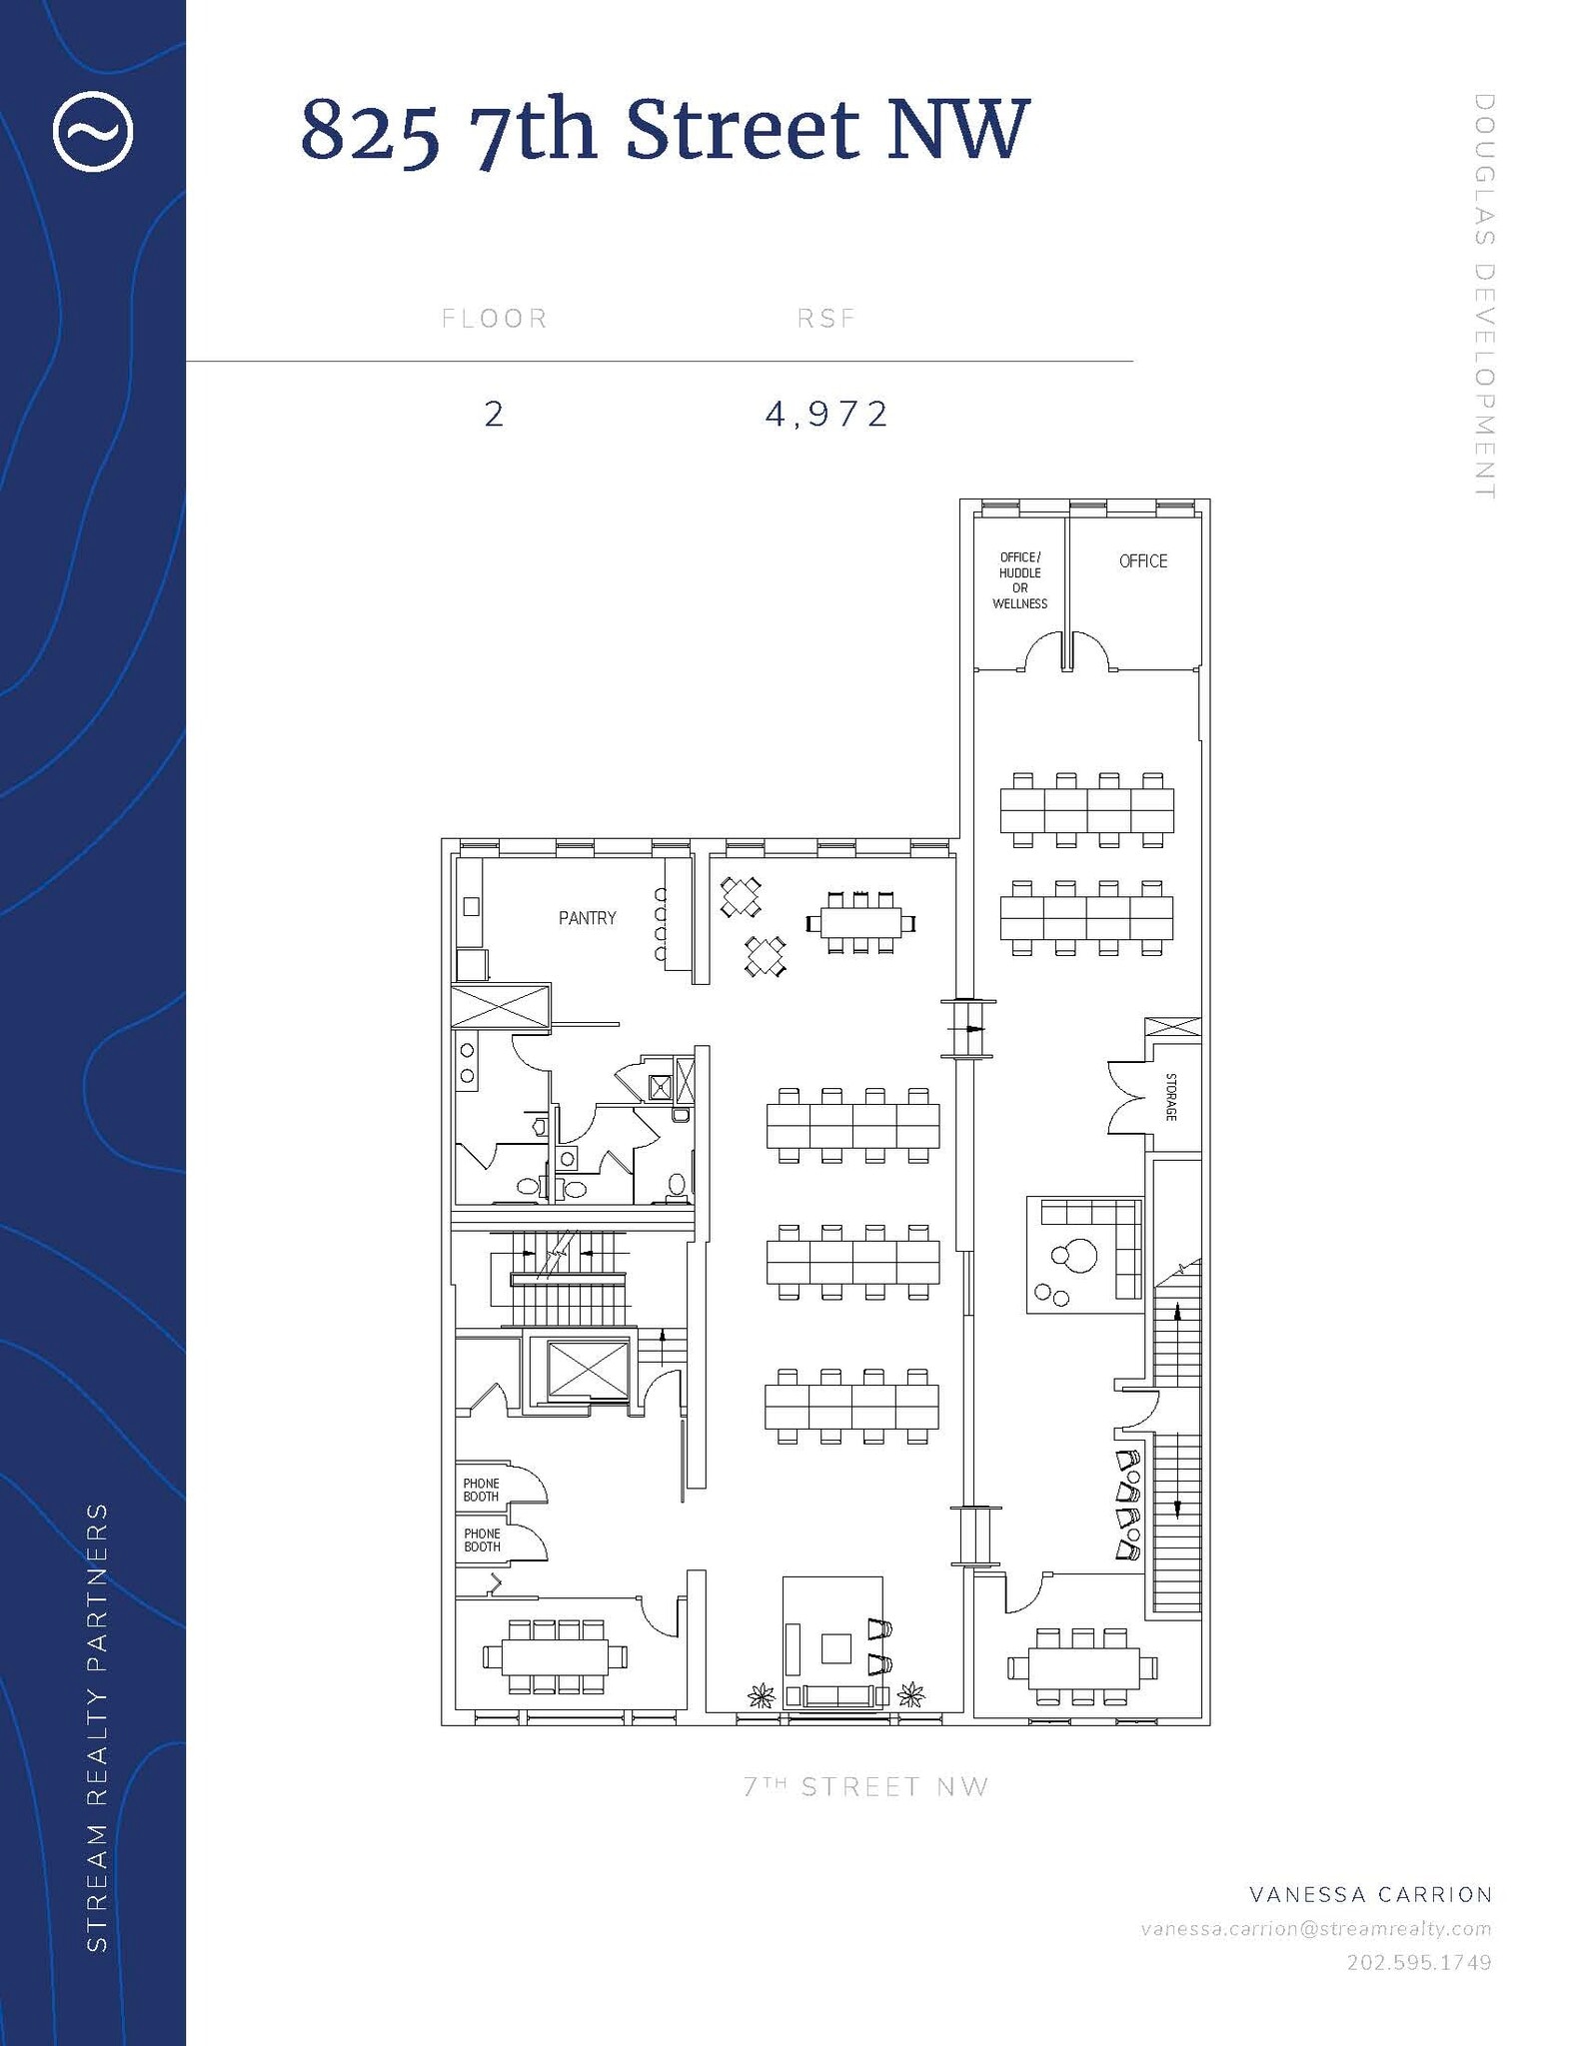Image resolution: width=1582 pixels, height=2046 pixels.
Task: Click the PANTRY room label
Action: pos(587,918)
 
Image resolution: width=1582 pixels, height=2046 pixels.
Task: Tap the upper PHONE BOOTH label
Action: pos(481,1490)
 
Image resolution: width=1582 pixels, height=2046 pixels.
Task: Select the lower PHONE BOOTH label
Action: pos(482,1539)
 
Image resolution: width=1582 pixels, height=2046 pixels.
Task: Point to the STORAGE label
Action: pos(1171,1097)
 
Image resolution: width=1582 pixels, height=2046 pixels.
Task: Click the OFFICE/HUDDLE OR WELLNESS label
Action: pos(1019,580)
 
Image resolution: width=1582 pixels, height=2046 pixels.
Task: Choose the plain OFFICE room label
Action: pos(1142,561)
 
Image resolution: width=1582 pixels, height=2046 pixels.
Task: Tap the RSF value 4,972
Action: pos(826,414)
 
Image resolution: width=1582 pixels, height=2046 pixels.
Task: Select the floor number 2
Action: pos(494,414)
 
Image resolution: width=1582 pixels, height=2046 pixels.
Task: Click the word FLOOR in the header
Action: pos(495,319)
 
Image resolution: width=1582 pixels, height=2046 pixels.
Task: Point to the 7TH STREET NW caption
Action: pos(865,1787)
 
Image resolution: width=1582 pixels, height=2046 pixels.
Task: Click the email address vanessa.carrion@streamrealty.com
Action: pos(1316,1928)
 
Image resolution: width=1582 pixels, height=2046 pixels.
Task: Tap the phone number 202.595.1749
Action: pos(1418,1962)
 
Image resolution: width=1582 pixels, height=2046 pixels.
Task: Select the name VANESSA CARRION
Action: pos(1370,1894)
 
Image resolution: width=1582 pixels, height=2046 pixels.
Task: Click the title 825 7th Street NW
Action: pos(665,130)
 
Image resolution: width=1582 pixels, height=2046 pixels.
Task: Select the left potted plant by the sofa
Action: pos(762,1695)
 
